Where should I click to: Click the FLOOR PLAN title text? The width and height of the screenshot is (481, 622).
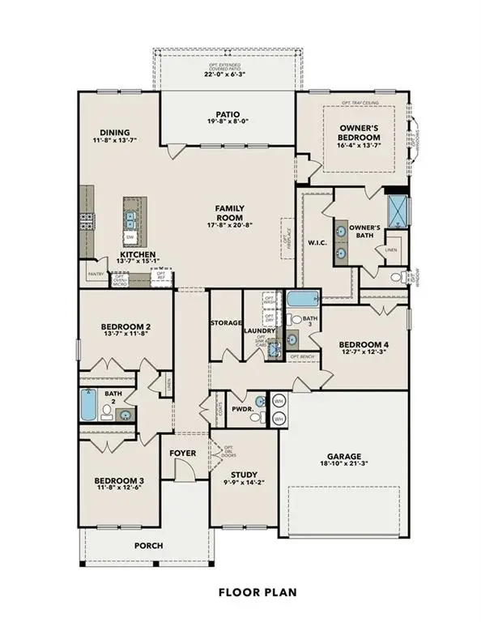[x=257, y=592]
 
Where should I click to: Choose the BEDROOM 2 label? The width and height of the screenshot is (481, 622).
[x=126, y=327]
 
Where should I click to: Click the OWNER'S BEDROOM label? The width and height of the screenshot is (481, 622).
[x=359, y=130]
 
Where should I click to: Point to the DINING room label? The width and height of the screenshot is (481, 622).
[x=115, y=134]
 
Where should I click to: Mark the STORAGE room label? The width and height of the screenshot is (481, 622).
[x=227, y=322]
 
